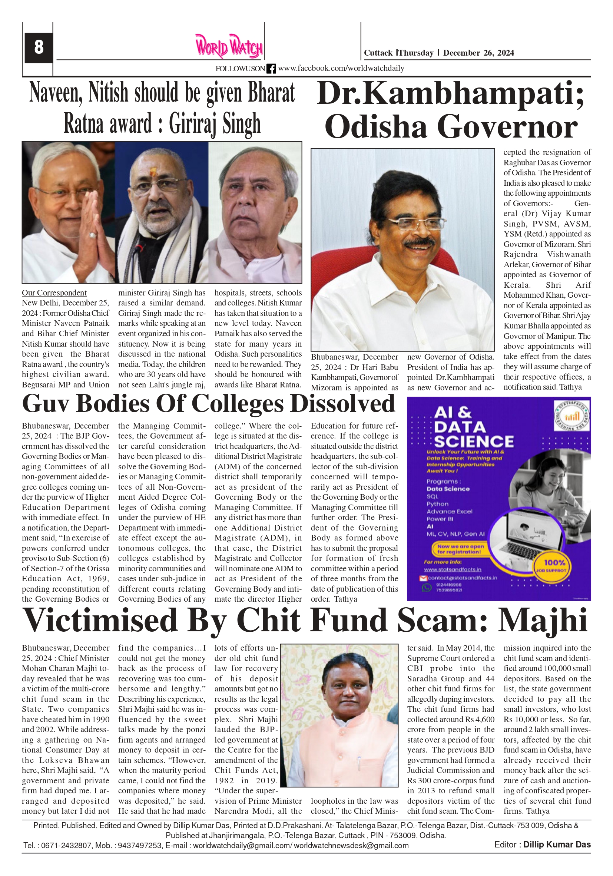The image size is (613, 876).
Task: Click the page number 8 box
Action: (39, 47)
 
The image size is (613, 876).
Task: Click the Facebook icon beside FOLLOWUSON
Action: (271, 69)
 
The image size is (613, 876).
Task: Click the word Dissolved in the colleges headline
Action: (342, 404)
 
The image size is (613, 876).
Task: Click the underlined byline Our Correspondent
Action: (54, 292)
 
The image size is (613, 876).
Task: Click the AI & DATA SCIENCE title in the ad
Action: (473, 427)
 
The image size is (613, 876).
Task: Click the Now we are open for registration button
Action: (460, 549)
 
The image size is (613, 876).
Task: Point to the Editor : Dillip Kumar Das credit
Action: (542, 845)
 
